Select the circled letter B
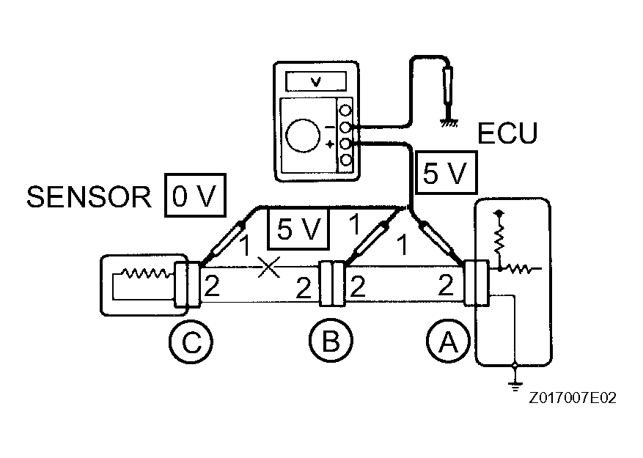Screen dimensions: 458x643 click(x=330, y=341)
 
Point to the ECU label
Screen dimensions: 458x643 click(x=507, y=133)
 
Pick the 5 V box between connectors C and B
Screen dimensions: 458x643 click(x=297, y=229)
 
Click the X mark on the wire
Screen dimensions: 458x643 click(x=268, y=268)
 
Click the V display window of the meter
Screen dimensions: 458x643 click(x=315, y=81)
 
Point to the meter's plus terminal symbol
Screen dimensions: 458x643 click(x=330, y=144)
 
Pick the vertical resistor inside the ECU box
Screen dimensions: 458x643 click(x=499, y=237)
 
